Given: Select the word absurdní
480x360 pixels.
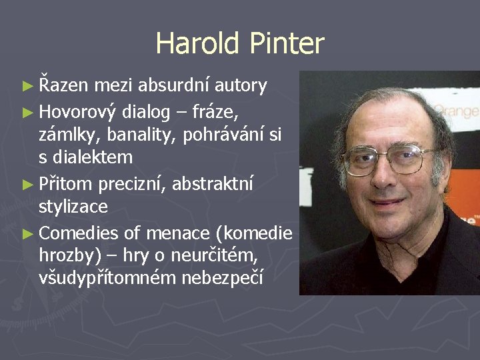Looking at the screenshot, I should tap(169, 85).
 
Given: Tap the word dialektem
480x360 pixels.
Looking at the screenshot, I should tap(92, 158).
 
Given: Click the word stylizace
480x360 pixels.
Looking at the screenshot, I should tap(73, 207).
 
